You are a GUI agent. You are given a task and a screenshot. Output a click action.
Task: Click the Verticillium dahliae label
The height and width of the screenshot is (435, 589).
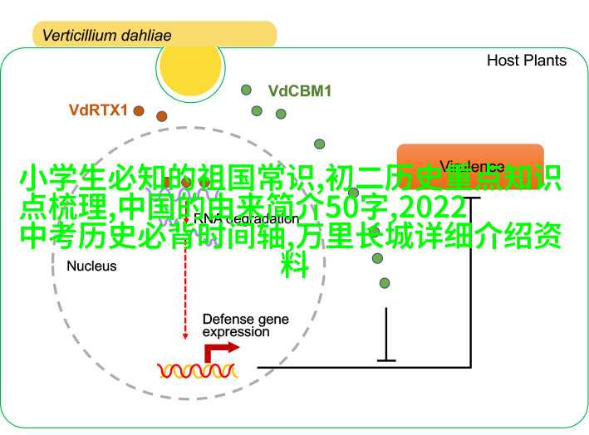click(106, 36)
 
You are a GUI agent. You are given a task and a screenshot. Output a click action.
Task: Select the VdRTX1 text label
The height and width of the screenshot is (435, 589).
click(98, 110)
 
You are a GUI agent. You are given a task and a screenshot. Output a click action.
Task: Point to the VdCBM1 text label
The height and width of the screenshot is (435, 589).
click(299, 91)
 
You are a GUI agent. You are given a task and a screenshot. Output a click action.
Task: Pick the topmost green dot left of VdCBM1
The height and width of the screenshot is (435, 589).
click(246, 90)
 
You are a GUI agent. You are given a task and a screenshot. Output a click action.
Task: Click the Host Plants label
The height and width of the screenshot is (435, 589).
click(526, 61)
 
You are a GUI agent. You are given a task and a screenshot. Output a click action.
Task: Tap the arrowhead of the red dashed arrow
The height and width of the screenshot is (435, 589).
click(186, 335)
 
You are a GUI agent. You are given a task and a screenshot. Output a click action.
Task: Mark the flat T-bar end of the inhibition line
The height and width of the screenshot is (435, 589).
click(386, 360)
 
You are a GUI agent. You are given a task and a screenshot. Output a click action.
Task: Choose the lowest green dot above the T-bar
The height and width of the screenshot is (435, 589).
click(384, 282)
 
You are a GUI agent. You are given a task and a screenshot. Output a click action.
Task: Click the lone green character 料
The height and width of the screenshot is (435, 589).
click(294, 266)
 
